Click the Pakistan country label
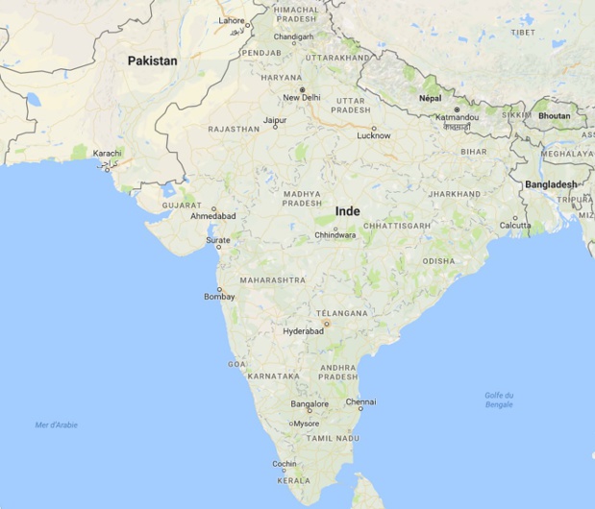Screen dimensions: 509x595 point(153,61)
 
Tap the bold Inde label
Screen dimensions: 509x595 point(348,211)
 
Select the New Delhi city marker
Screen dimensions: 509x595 point(302,89)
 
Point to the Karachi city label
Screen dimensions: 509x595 point(108,154)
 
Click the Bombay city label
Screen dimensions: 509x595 point(219,297)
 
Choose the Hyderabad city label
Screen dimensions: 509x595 point(303,331)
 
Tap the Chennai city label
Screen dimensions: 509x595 point(360,401)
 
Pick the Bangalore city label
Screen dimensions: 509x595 point(310,404)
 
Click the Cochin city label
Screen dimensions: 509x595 point(284,463)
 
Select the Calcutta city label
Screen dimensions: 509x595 point(515,226)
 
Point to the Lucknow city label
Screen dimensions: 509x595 point(374,135)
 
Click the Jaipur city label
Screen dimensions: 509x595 point(275,120)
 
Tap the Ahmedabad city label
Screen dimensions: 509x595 point(213,216)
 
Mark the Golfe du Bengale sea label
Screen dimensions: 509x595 point(499,400)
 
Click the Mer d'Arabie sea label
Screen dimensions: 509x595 point(56,424)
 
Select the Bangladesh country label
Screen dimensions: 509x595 point(551,183)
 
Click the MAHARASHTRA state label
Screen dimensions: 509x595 point(272,280)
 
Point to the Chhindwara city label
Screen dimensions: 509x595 point(335,234)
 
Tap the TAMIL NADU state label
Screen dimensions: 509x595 point(333,438)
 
